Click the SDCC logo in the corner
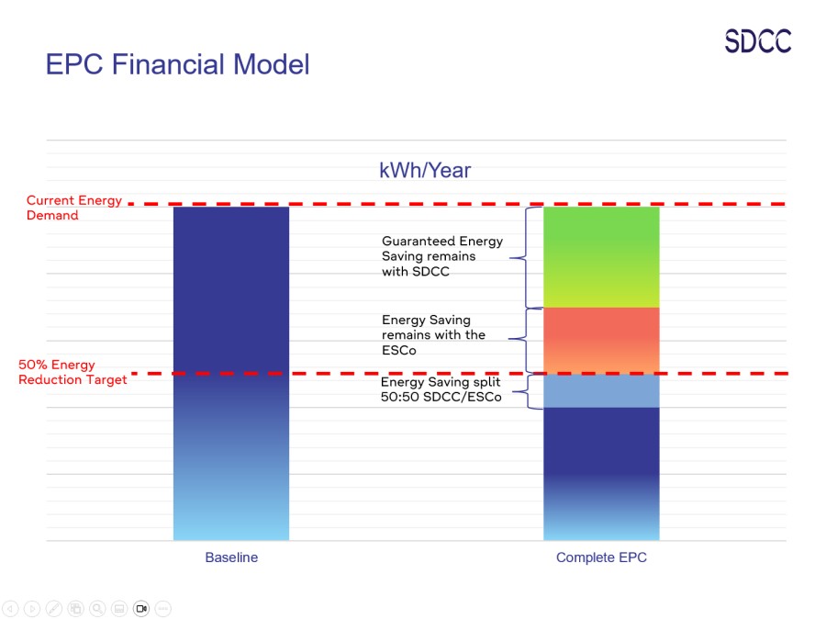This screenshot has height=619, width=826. (757, 41)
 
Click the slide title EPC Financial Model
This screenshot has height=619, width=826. (177, 64)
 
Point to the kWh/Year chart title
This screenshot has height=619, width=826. (425, 171)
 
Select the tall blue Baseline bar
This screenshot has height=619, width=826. (231, 372)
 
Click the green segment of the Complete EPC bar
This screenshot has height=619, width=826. (601, 257)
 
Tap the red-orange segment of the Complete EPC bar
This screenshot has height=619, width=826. (601, 340)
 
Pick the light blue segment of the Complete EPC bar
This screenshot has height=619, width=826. (601, 390)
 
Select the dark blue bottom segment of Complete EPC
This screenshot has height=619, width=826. (601, 473)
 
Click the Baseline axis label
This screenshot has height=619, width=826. (231, 557)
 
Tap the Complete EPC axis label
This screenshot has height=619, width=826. (601, 557)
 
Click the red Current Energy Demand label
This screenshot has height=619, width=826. (73, 208)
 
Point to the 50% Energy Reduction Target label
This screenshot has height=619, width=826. (73, 372)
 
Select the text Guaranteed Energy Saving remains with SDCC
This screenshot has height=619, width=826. (442, 256)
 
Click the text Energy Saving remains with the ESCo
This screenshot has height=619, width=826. (433, 335)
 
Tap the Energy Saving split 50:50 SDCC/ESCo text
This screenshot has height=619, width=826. (441, 389)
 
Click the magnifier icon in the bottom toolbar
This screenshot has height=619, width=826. (97, 608)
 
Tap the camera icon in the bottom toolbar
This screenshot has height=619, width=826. (140, 608)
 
